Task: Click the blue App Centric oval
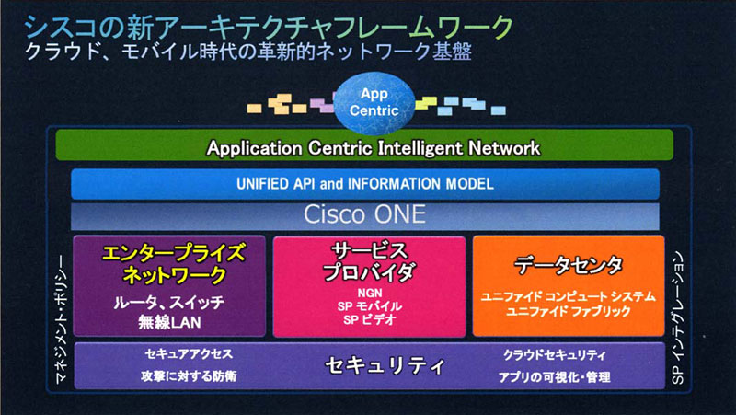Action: point(374,102)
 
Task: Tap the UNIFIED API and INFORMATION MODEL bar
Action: point(364,183)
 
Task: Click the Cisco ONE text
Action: point(364,214)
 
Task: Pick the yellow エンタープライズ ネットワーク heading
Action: point(173,264)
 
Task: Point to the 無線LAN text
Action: point(169,322)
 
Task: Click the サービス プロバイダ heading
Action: point(370,262)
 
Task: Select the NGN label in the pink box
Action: point(370,294)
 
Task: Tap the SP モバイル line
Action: point(370,306)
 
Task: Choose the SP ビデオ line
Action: point(370,319)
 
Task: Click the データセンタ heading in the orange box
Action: point(568,265)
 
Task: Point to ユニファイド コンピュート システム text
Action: point(568,296)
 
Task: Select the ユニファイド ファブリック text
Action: point(568,311)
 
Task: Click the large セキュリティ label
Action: point(384,365)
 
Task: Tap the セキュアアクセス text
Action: point(189,354)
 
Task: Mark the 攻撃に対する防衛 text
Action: point(189,376)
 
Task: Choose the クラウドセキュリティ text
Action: point(555,355)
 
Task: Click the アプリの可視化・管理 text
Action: point(555,377)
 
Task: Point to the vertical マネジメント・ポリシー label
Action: point(61,319)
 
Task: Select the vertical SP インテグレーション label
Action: point(678,318)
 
